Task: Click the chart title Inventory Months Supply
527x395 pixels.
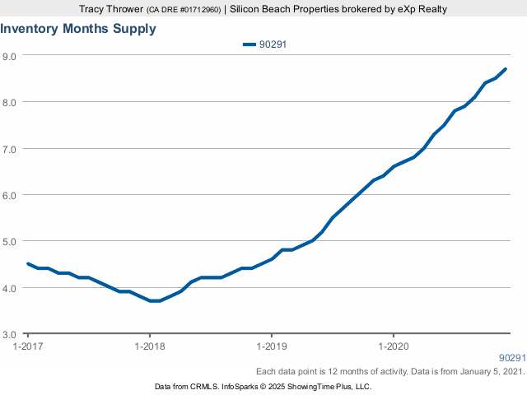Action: point(78,29)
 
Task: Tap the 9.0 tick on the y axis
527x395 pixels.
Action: point(11,56)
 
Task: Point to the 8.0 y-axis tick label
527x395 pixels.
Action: point(11,102)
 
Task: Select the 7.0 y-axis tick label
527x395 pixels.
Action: point(11,149)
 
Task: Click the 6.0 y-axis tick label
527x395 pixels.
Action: point(11,195)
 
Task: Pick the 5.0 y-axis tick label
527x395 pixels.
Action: point(11,242)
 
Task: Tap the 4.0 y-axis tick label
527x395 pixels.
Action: point(11,288)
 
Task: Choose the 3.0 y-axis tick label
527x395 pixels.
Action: point(11,335)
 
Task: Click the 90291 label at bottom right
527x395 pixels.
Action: point(511,358)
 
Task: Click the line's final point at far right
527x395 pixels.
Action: point(505,69)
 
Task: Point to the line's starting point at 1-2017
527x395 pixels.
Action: point(28,264)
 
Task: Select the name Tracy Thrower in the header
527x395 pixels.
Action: point(107,8)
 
